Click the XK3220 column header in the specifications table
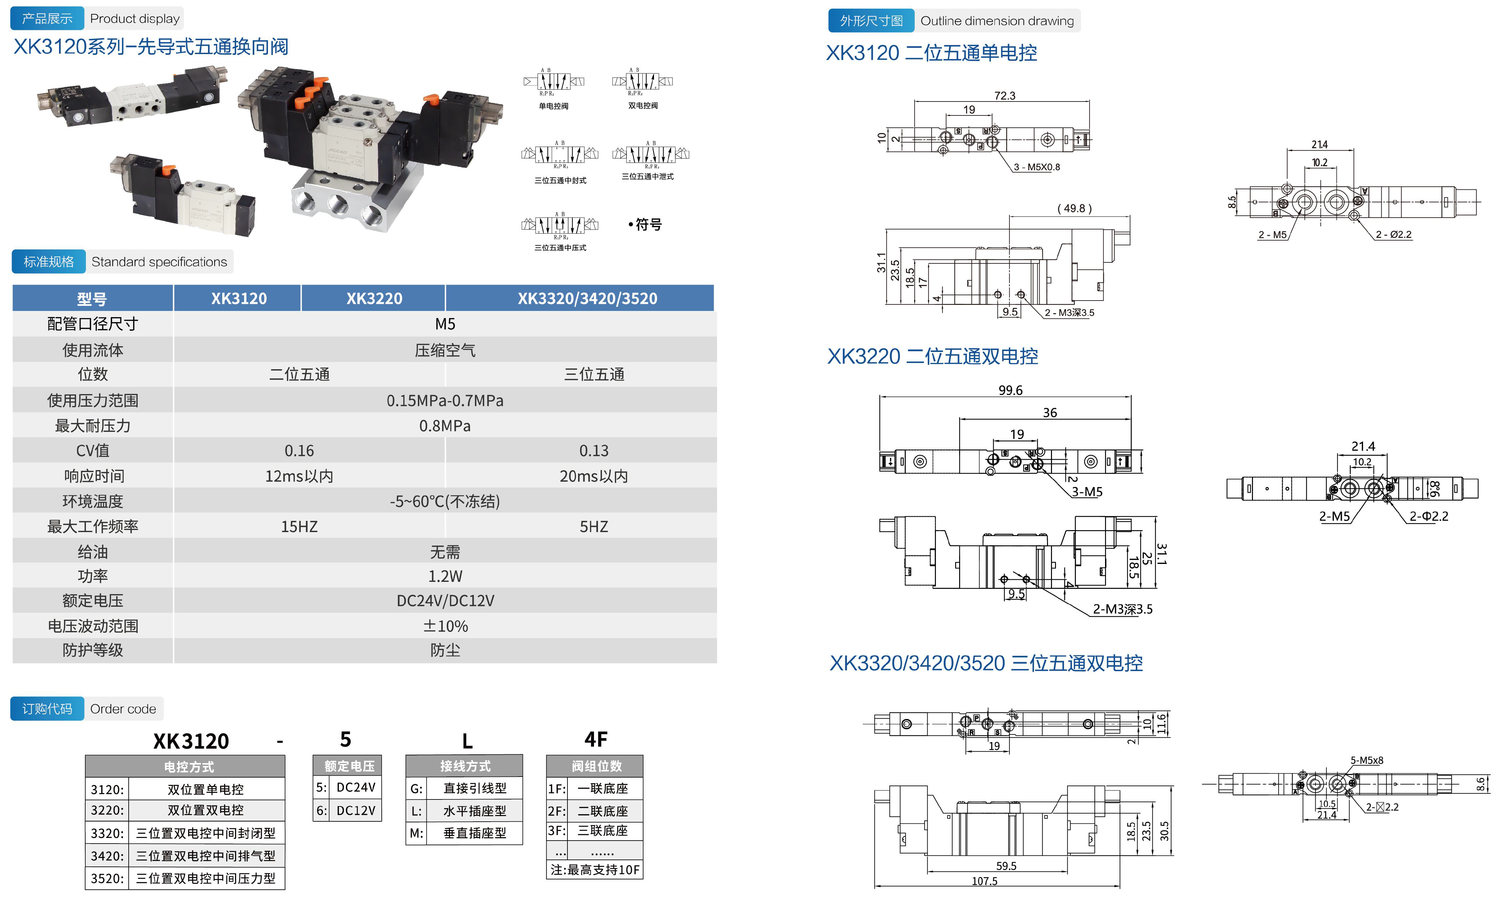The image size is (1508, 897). pyautogui.click(x=374, y=299)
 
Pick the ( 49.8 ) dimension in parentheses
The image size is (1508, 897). pyautogui.click(x=1074, y=209)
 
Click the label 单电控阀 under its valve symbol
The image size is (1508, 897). pyautogui.click(x=554, y=106)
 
